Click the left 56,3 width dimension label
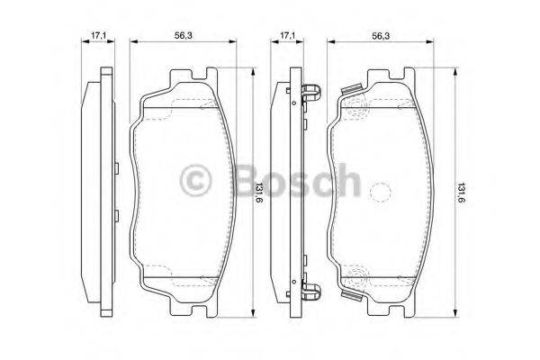coord(184,36)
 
